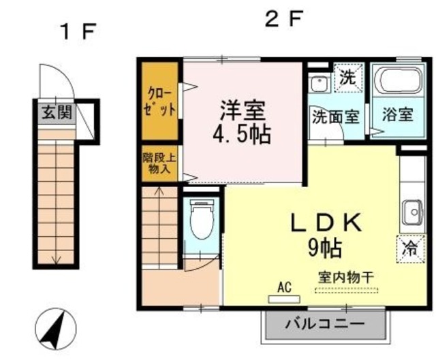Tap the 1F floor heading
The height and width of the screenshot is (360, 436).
80,32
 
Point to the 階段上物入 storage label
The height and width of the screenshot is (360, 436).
161,163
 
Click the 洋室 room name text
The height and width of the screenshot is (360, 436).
243,109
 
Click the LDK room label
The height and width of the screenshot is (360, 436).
326,223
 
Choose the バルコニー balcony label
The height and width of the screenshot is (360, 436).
326,323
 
